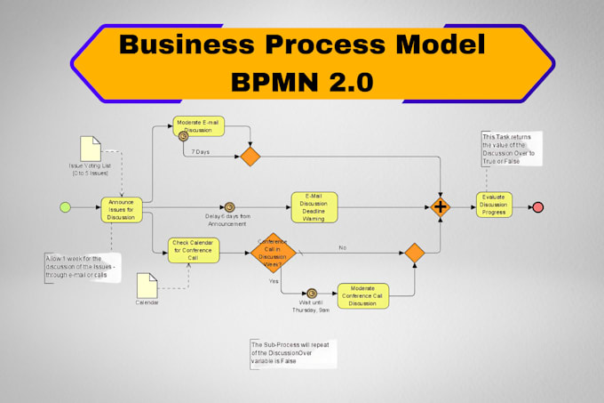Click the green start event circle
click(x=64, y=207)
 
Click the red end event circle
click(x=538, y=207)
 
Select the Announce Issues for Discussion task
click(x=121, y=208)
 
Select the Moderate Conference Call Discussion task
click(x=363, y=295)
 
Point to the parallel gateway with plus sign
click(x=441, y=207)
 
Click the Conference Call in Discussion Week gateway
click(x=271, y=253)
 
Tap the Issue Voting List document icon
click(x=91, y=149)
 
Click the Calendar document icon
click(x=147, y=284)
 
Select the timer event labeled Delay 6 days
click(x=230, y=207)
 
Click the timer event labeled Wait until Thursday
click(x=311, y=294)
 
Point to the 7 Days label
click(x=202, y=153)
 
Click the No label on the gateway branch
click(x=342, y=248)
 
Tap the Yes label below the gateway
click(x=274, y=281)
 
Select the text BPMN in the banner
click(x=275, y=82)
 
